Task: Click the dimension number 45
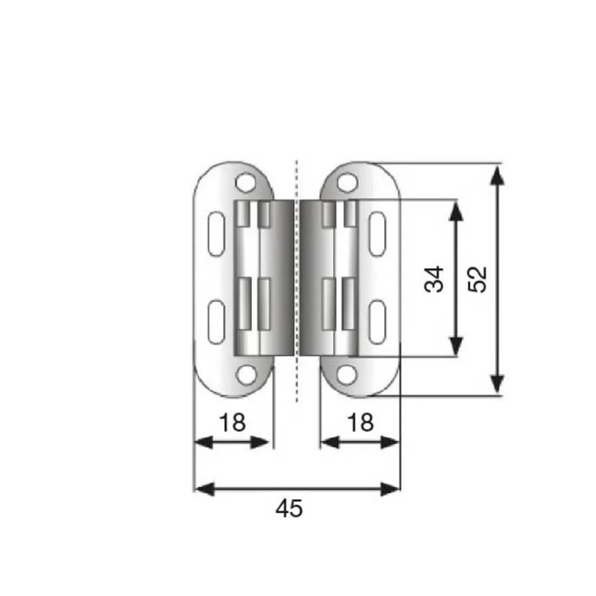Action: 289,509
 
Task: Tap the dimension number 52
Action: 477,279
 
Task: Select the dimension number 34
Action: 434,279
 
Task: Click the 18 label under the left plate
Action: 232,423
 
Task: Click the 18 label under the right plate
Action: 360,423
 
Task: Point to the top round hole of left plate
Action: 246,182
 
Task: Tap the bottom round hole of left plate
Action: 246,375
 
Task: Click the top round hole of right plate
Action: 347,182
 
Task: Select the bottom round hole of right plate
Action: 347,375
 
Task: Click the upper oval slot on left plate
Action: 217,234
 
